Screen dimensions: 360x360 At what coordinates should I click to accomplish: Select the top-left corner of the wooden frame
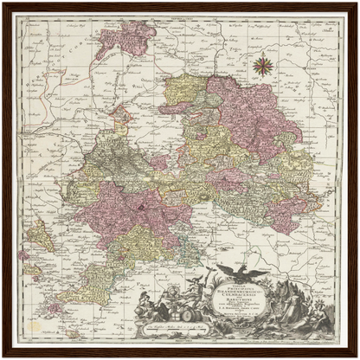[x=3, y=3]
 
